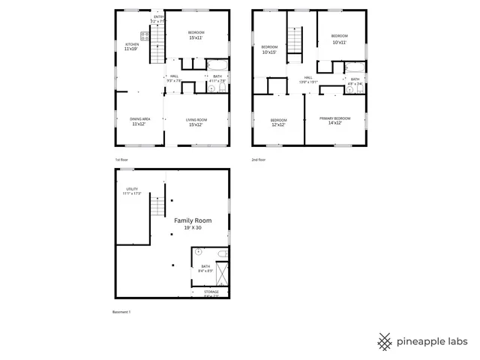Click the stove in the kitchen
coord(145,35)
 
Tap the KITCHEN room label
coord(131,44)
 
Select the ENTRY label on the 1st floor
coord(159,16)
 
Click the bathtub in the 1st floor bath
coord(217,64)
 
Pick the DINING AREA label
coord(140,119)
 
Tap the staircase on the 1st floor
coord(158,49)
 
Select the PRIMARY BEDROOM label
coord(334,119)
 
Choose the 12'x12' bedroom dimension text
coord(278,124)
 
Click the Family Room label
coord(193,220)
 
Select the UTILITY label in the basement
coord(131,189)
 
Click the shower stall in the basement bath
coord(222,272)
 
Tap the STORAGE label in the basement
coord(211,292)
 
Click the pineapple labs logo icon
coord(385,340)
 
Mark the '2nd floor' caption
coord(259,160)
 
